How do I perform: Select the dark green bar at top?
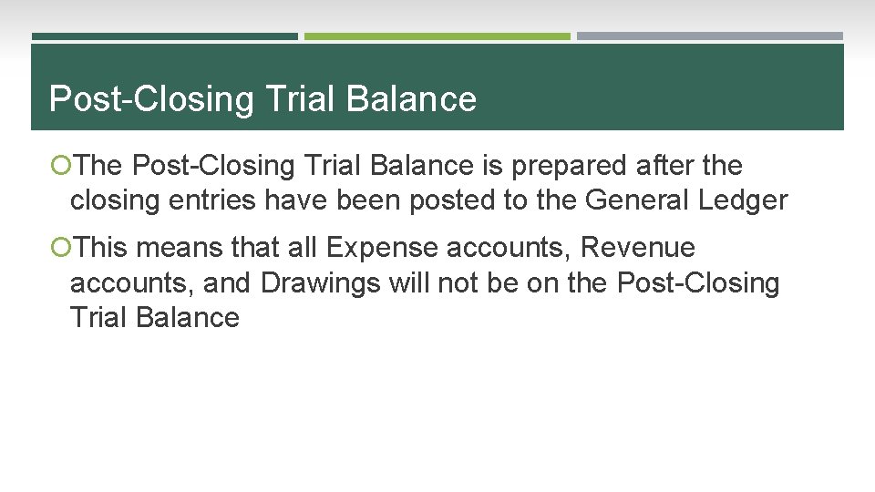tap(165, 36)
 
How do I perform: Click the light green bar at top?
tap(437, 36)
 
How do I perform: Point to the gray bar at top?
tap(709, 36)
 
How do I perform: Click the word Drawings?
tap(320, 283)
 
